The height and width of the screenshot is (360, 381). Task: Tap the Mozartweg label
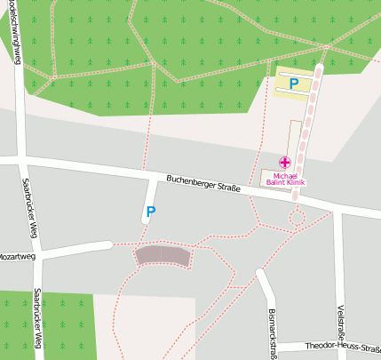tap(17, 255)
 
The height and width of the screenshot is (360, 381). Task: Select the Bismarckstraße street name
tap(272, 333)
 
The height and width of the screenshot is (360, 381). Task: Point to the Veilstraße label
tap(340, 329)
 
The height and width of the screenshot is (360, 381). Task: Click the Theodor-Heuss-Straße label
tap(342, 347)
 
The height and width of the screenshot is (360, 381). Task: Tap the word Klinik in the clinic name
tap(292, 182)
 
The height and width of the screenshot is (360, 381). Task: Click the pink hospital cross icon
tap(284, 162)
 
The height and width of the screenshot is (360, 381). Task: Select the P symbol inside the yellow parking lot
tap(294, 84)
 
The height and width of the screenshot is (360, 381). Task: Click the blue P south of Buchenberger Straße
tap(150, 212)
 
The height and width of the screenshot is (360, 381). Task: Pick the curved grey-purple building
tap(163, 256)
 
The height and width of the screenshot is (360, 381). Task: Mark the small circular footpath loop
tap(296, 217)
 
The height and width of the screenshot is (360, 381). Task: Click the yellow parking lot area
tap(282, 84)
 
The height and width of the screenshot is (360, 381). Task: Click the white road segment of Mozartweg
tap(75, 249)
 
